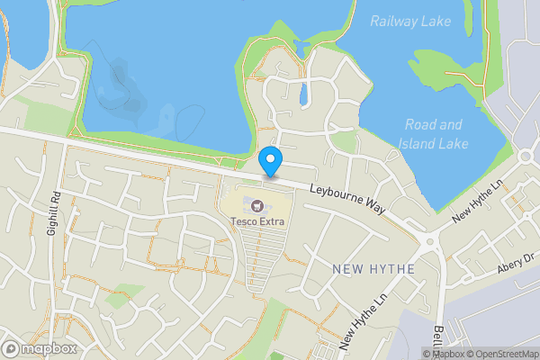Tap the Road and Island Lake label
click(433, 134)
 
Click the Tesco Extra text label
click(258, 221)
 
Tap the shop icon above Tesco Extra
click(258, 206)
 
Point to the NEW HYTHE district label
click(373, 268)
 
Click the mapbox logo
click(40, 348)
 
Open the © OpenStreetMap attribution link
click(503, 354)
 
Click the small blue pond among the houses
click(303, 92)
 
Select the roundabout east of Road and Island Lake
click(526, 157)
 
